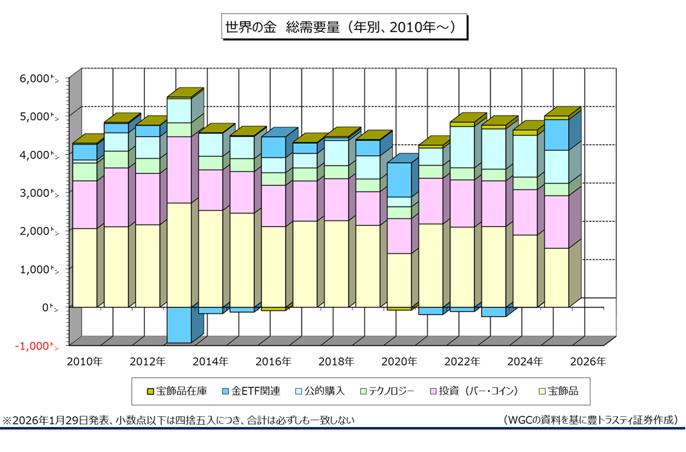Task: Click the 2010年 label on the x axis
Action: click(84, 362)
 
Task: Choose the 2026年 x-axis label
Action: click(588, 362)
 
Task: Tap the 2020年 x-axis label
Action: click(399, 362)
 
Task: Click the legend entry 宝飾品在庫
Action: click(178, 391)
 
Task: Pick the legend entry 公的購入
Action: click(319, 391)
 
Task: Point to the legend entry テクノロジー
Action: click(386, 391)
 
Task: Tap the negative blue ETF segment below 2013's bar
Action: click(179, 325)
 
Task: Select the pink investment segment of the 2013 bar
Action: click(179, 169)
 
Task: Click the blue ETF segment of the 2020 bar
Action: click(399, 180)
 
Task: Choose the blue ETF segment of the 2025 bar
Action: click(556, 135)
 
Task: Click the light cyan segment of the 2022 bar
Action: click(462, 147)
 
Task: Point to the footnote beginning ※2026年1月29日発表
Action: click(179, 421)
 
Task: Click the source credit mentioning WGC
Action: click(590, 421)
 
